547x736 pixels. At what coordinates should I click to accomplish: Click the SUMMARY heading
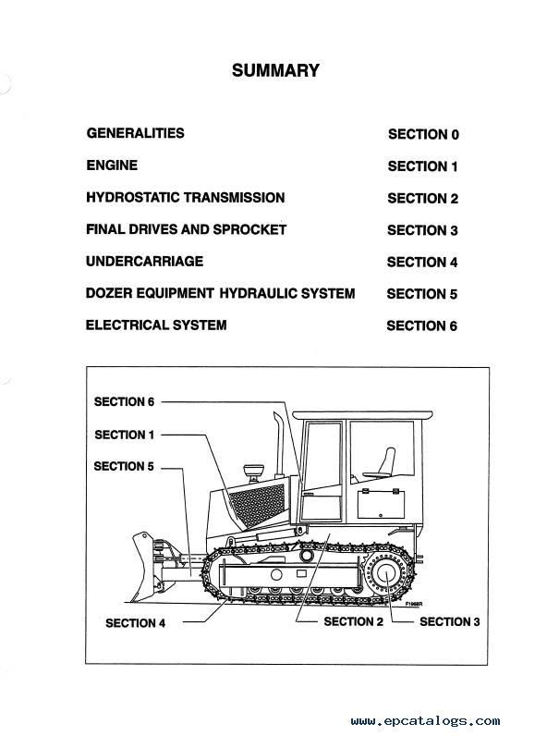click(x=275, y=70)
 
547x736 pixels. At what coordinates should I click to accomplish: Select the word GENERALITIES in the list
click(x=135, y=133)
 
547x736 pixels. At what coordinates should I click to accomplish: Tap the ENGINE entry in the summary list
click(x=112, y=166)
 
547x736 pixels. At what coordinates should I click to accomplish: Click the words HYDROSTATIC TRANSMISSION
click(x=186, y=197)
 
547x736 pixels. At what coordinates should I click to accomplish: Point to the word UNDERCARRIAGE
click(x=144, y=261)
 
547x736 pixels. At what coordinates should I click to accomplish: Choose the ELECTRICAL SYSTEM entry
click(x=156, y=325)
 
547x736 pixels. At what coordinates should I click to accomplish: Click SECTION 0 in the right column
click(x=423, y=134)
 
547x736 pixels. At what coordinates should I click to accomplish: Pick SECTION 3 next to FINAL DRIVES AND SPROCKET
click(x=422, y=230)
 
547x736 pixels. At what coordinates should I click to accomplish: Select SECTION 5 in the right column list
click(x=421, y=294)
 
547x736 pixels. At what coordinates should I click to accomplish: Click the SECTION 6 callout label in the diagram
click(x=124, y=402)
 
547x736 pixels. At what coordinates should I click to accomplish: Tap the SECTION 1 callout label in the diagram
click(x=125, y=435)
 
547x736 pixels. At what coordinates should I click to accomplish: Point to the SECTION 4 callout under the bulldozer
click(x=135, y=623)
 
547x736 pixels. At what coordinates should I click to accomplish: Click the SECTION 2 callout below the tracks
click(x=353, y=621)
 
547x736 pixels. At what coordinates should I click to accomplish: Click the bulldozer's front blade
click(x=146, y=567)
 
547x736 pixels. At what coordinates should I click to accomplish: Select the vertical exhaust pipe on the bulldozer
click(x=280, y=445)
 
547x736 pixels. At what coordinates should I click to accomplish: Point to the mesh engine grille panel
click(x=257, y=505)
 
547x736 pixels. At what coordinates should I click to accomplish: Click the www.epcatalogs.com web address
click(x=425, y=721)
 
